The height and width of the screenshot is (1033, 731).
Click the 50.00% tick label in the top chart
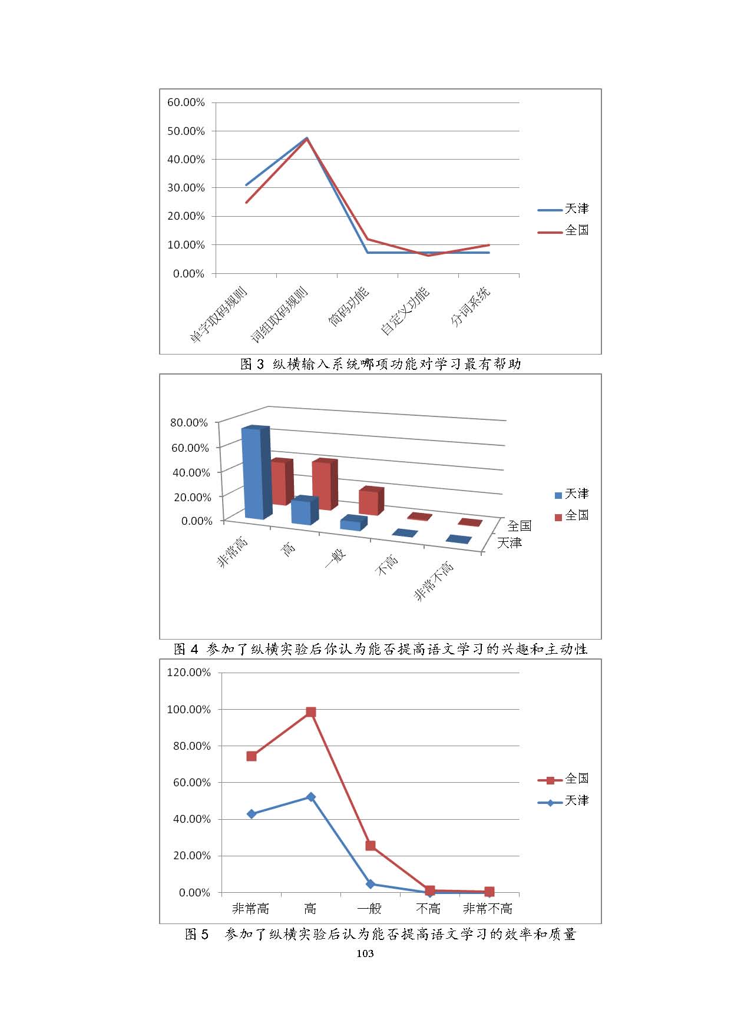coord(186,131)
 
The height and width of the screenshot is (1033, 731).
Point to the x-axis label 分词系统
coord(470,306)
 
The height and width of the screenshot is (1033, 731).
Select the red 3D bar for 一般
coord(370,501)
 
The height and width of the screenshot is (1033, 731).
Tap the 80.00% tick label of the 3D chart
coord(188,423)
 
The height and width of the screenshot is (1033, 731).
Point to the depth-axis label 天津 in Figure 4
coord(509,543)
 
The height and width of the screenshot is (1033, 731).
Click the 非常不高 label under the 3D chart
coord(434,581)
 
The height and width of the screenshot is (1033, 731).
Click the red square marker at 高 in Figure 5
coord(311,713)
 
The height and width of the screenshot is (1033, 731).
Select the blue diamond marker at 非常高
coord(252,814)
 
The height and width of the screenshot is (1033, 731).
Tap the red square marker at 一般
coord(371,846)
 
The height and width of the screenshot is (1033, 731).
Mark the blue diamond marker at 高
coord(311,797)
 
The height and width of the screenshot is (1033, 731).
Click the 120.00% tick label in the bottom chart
coord(188,673)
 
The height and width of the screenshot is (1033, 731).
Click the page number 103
coord(365,953)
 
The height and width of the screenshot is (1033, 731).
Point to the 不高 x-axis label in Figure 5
coord(428,909)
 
